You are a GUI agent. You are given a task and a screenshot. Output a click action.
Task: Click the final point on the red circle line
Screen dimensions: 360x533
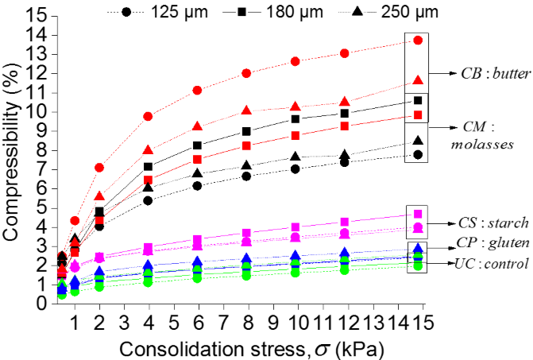click(418, 41)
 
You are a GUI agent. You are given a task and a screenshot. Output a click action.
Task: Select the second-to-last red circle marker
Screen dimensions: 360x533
click(345, 53)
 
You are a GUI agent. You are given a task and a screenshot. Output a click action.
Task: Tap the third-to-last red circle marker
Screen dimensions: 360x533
click(295, 61)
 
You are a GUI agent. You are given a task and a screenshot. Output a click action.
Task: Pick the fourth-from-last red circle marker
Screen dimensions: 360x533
click(246, 73)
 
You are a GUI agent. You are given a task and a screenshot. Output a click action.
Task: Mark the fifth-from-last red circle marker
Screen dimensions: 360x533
click(197, 91)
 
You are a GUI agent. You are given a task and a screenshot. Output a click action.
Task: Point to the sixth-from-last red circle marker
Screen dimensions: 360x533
click(148, 117)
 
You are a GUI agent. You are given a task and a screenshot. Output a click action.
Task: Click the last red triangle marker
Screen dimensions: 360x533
click(418, 79)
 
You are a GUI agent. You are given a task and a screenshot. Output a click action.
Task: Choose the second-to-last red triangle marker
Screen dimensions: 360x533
click(345, 102)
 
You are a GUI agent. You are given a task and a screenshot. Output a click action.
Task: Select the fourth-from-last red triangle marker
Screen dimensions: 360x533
click(246, 110)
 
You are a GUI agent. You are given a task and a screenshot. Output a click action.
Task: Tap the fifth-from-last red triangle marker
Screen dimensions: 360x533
click(197, 126)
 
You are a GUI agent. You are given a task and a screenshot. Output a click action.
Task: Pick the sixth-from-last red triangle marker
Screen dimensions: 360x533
click(148, 149)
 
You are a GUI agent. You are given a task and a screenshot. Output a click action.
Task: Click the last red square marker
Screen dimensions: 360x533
click(418, 115)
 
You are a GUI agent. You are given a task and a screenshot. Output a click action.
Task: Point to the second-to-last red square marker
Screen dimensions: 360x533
click(345, 126)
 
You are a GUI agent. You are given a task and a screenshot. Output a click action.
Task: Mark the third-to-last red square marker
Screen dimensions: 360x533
click(295, 136)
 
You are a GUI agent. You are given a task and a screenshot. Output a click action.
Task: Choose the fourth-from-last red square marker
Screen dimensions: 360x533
click(246, 146)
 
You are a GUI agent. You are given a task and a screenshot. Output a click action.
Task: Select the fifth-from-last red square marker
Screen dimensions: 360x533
click(197, 160)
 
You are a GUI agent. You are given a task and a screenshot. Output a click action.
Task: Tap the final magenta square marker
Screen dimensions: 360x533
click(418, 214)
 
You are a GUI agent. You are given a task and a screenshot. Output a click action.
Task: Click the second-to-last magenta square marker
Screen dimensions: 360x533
click(345, 222)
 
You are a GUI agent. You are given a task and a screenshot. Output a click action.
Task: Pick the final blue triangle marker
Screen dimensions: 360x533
click(418, 250)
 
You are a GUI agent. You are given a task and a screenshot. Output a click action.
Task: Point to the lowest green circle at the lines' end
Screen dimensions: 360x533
click(418, 265)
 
